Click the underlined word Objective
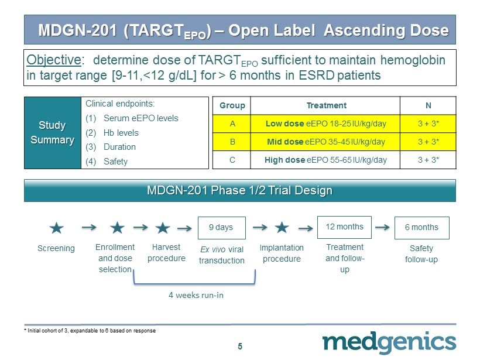(54, 60)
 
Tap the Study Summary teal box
(53, 132)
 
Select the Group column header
(232, 105)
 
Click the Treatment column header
(325, 105)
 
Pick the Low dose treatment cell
(325, 124)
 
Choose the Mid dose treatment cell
(325, 142)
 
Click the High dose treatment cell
(325, 160)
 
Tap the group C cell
(232, 160)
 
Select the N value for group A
(428, 124)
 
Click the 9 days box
(222, 228)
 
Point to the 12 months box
(344, 227)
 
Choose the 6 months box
(422, 228)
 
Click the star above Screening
(57, 228)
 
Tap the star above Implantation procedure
(282, 228)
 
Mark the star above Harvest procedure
(163, 228)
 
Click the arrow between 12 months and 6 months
(382, 227)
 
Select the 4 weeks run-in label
(196, 295)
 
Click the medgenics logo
(389, 342)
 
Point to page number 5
(240, 346)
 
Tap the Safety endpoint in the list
(115, 162)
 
